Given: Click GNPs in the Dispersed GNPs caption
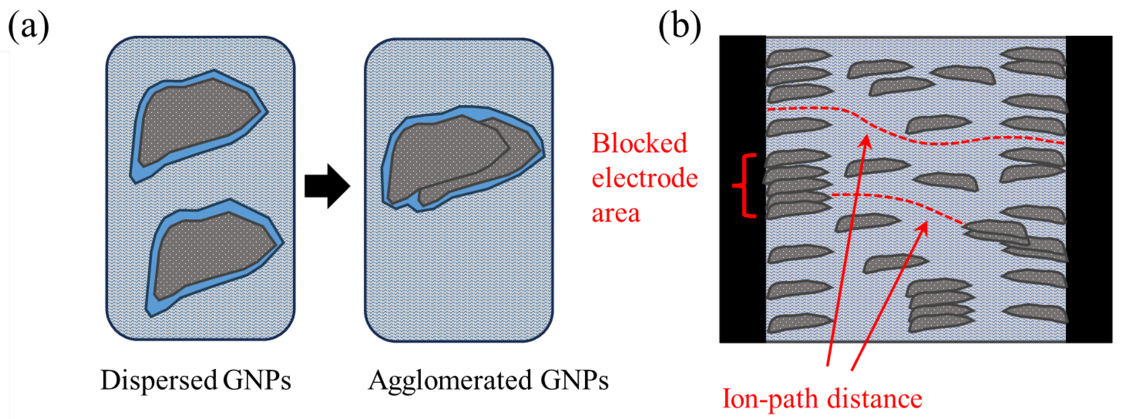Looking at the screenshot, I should [257, 380].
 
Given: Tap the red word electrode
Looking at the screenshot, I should [644, 178].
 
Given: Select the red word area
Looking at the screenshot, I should [616, 213].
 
